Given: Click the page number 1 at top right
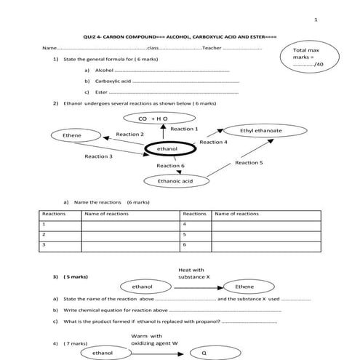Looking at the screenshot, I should click(316, 20).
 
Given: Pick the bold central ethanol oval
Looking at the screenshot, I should click(167, 149).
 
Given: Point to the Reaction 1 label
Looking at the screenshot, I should click(184, 129).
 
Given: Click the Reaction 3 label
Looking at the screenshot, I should click(98, 156).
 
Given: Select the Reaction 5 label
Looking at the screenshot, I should click(249, 163).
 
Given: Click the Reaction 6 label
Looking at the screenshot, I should click(170, 166).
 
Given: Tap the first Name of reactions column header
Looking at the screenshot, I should click(102, 214).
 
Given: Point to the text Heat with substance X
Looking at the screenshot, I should click(191, 273).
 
